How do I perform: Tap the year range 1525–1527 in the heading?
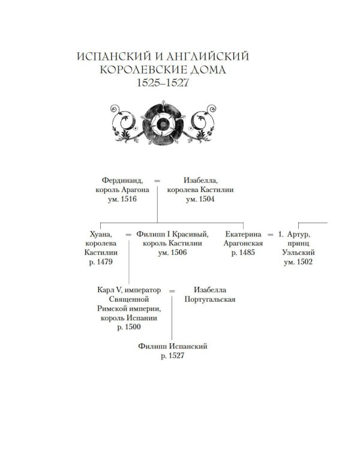[x=163, y=83]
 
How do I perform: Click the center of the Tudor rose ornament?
[x=163, y=124]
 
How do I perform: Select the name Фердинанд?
[x=122, y=181]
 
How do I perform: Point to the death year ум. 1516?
[x=122, y=199]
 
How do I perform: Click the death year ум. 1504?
[x=200, y=199]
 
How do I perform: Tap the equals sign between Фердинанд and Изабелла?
[x=157, y=181]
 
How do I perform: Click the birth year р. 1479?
[x=101, y=262]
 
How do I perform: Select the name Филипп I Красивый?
[x=172, y=235]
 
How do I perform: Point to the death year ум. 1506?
[x=172, y=253]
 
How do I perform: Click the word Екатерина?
[x=243, y=235]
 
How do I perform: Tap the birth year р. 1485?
[x=243, y=253]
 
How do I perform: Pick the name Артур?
[x=299, y=235]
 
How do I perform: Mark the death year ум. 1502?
[x=298, y=262]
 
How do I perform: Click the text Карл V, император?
[x=129, y=290]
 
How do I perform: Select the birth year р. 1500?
[x=129, y=327]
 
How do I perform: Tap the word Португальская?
[x=210, y=299]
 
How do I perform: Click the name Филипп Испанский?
[x=173, y=346]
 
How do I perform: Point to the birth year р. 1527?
[x=173, y=356]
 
